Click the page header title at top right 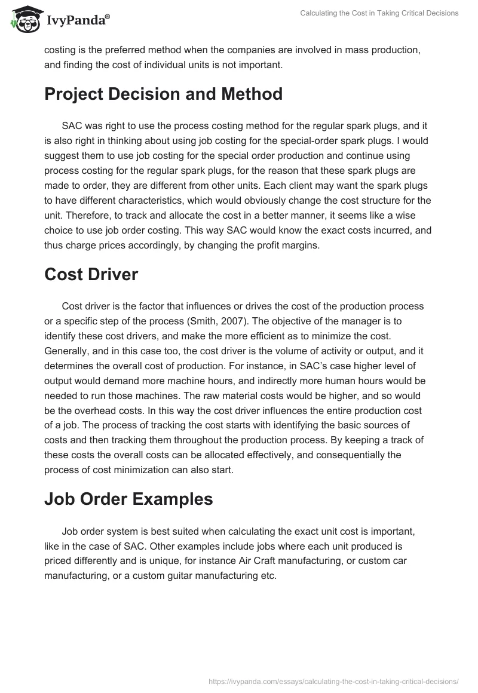click(x=379, y=13)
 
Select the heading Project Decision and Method click(x=163, y=94)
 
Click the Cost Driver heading click(x=91, y=274)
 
